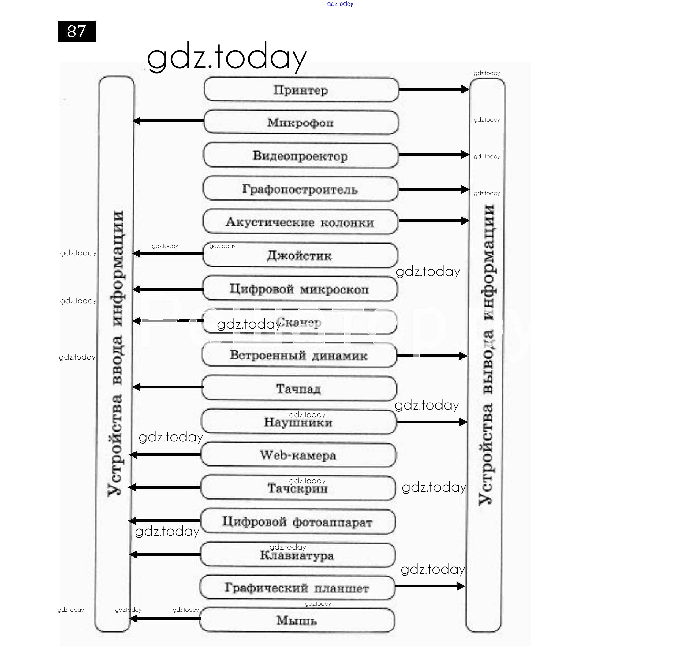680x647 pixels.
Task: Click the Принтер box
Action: [301, 90]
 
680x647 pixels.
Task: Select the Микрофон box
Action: [301, 123]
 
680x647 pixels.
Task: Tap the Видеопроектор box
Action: [301, 156]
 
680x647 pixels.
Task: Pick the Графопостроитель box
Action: [300, 189]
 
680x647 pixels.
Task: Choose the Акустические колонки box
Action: [300, 222]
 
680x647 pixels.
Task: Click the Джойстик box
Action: [300, 255]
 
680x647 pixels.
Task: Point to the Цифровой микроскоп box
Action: [299, 289]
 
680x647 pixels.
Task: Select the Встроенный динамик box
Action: [299, 355]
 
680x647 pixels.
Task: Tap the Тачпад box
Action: [299, 388]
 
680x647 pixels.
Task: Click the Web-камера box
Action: [298, 455]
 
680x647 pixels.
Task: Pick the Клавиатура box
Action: [297, 555]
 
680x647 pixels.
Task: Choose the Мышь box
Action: [297, 620]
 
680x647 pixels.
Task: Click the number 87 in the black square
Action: [77, 31]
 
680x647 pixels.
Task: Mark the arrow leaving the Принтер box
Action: [434, 89]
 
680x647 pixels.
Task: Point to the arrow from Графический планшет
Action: [430, 586]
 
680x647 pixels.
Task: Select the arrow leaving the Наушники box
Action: [432, 422]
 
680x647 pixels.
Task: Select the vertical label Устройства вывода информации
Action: [486, 355]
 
